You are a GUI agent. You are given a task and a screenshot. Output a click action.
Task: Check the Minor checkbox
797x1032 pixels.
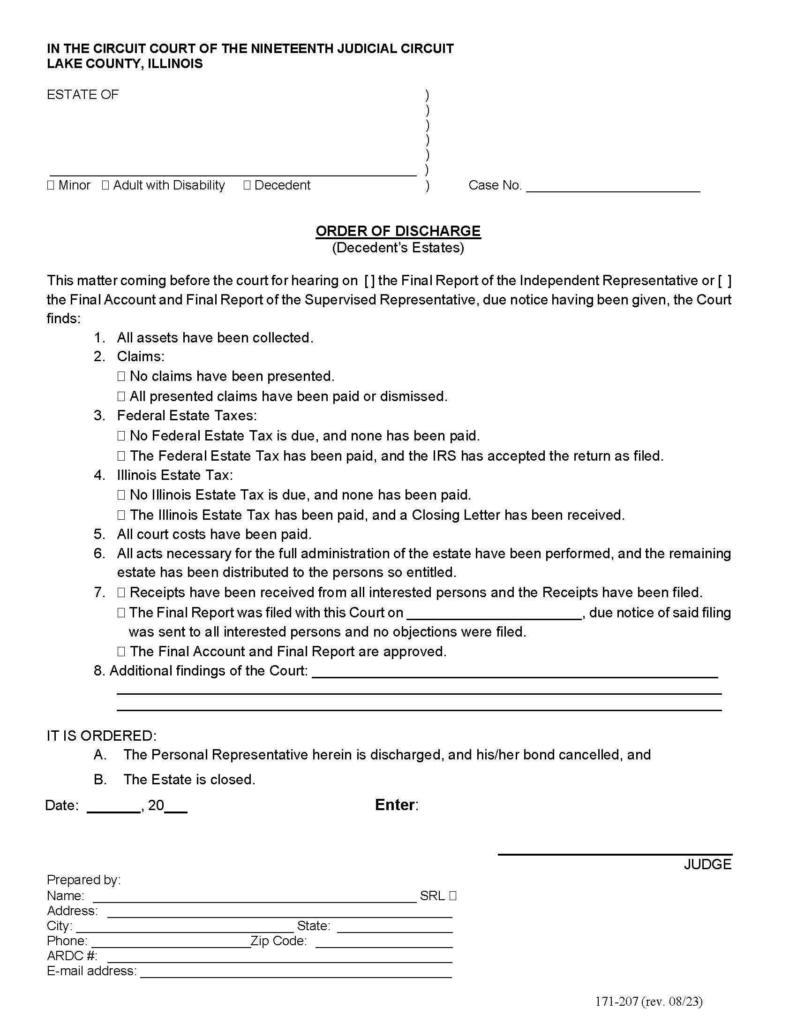pyautogui.click(x=51, y=185)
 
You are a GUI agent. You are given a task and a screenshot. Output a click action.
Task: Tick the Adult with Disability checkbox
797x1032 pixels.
pyautogui.click(x=105, y=185)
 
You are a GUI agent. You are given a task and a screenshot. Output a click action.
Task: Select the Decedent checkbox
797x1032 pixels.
pyautogui.click(x=247, y=185)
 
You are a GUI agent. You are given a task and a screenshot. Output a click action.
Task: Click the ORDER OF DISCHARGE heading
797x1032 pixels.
pyautogui.click(x=398, y=231)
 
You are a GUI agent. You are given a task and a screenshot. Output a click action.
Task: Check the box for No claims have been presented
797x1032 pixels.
pyautogui.click(x=121, y=376)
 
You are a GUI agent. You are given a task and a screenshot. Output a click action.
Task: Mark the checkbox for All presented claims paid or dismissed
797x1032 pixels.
pyautogui.click(x=121, y=396)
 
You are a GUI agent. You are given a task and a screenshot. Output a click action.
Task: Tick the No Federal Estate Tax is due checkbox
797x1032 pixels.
pyautogui.click(x=121, y=436)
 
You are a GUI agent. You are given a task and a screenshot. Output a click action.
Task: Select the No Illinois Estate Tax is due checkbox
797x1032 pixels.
pyautogui.click(x=121, y=495)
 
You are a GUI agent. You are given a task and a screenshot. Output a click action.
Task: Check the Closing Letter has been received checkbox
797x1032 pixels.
pyautogui.click(x=121, y=515)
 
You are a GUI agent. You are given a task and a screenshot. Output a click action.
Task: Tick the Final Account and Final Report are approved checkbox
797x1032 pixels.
pyautogui.click(x=121, y=652)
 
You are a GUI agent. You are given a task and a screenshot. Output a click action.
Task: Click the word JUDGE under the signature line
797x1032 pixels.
pyautogui.click(x=707, y=864)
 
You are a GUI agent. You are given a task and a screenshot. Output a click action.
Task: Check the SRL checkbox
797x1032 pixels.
pyautogui.click(x=453, y=895)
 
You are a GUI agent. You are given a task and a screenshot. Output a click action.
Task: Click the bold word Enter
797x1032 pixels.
pyautogui.click(x=395, y=804)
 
